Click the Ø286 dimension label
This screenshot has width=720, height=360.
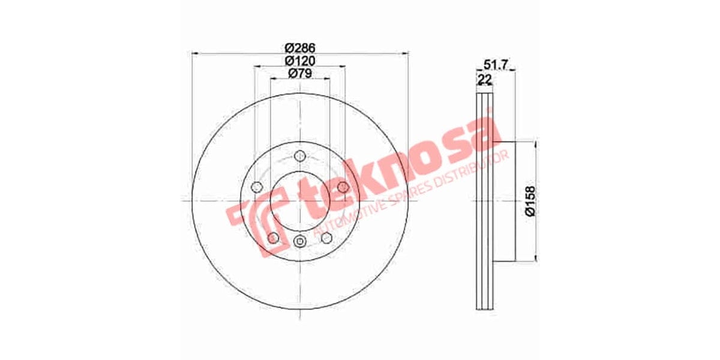pos(299,47)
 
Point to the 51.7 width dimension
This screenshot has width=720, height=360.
pos(496,65)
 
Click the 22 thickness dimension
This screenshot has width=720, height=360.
pos(484,79)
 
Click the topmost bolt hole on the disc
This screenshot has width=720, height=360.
pos(299,156)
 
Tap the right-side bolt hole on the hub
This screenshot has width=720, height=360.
pos(342,186)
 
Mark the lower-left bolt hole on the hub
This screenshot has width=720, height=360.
pos(273,238)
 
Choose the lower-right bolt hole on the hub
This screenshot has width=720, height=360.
pos(326,238)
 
